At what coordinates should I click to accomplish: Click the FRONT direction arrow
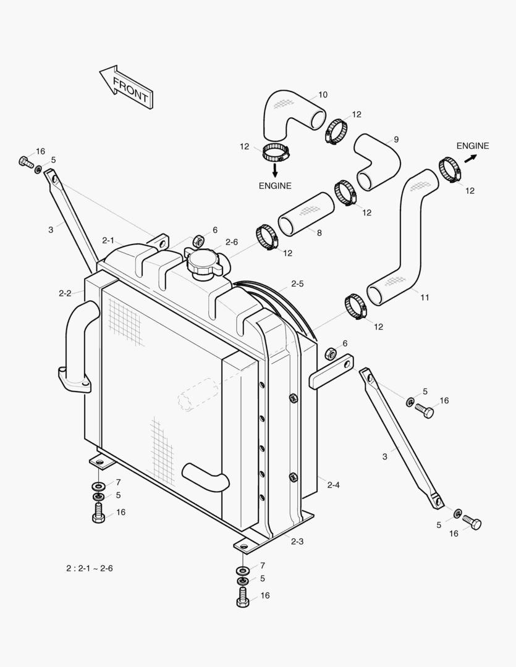pos(127,87)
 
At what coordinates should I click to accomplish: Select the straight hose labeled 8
pos(306,214)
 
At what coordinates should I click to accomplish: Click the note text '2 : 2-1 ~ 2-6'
pos(90,568)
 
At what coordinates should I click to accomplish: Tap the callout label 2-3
pos(297,542)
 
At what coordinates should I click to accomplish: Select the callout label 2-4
pos(333,485)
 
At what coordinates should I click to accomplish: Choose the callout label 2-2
pos(65,293)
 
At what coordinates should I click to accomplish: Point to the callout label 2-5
pos(297,284)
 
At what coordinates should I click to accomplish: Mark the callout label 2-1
pos(109,240)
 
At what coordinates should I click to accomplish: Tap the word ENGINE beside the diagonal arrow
pos(473,146)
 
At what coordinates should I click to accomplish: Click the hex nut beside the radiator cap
pos(199,240)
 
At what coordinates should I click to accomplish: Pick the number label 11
pos(425,297)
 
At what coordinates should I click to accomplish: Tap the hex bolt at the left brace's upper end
pos(25,162)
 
